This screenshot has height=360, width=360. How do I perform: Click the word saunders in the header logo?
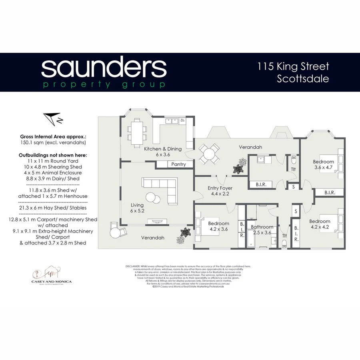click(104, 68)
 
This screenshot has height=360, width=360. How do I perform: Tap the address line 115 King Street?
click(293, 66)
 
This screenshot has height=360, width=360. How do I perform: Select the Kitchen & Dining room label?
click(163, 151)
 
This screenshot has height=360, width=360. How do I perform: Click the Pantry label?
click(178, 164)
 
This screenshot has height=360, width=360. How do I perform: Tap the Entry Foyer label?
click(220, 190)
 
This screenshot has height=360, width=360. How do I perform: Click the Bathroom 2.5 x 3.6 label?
click(262, 230)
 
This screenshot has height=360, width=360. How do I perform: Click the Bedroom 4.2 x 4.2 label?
click(320, 224)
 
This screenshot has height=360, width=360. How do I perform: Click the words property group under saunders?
click(104, 84)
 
